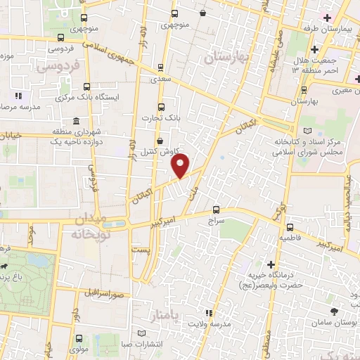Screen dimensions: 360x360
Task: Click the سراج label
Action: point(215,220)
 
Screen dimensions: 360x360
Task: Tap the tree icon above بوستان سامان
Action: point(333,311)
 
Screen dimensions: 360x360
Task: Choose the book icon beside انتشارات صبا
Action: point(143,333)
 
